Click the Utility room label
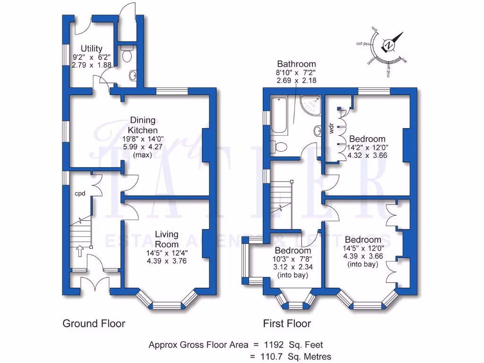coord(91,48)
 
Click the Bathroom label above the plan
coord(296,64)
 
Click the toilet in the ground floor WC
coord(127,55)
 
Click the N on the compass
coord(389,45)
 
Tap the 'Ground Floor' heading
coord(94,324)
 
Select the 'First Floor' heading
coord(287,324)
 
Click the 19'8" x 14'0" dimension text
coord(142,139)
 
